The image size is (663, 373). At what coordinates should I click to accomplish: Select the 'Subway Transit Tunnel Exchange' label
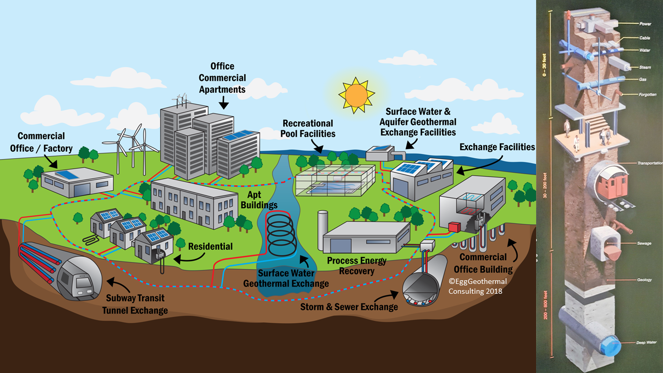[x=137, y=304]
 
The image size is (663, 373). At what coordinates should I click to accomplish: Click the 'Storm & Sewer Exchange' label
[x=349, y=307]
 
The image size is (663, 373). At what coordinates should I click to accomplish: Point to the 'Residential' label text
[x=210, y=247]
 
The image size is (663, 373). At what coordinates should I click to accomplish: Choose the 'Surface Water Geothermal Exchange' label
[x=286, y=278]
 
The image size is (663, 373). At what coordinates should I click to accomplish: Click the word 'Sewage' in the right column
[x=644, y=243]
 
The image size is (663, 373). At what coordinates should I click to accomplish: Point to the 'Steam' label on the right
[x=644, y=67]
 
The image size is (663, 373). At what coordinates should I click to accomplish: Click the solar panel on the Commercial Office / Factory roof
[x=67, y=175]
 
